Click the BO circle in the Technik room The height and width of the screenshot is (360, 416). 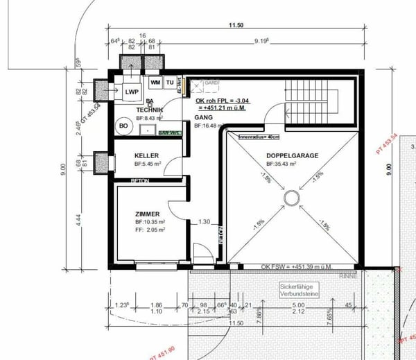(x=123, y=126)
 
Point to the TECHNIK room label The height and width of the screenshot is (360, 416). (x=149, y=110)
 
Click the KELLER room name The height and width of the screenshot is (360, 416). (x=147, y=155)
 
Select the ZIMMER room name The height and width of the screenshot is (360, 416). (x=148, y=214)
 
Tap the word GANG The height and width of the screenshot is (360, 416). (x=202, y=118)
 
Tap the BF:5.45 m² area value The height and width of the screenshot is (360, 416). (x=148, y=164)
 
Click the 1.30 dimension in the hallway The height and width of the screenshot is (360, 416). (x=204, y=222)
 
